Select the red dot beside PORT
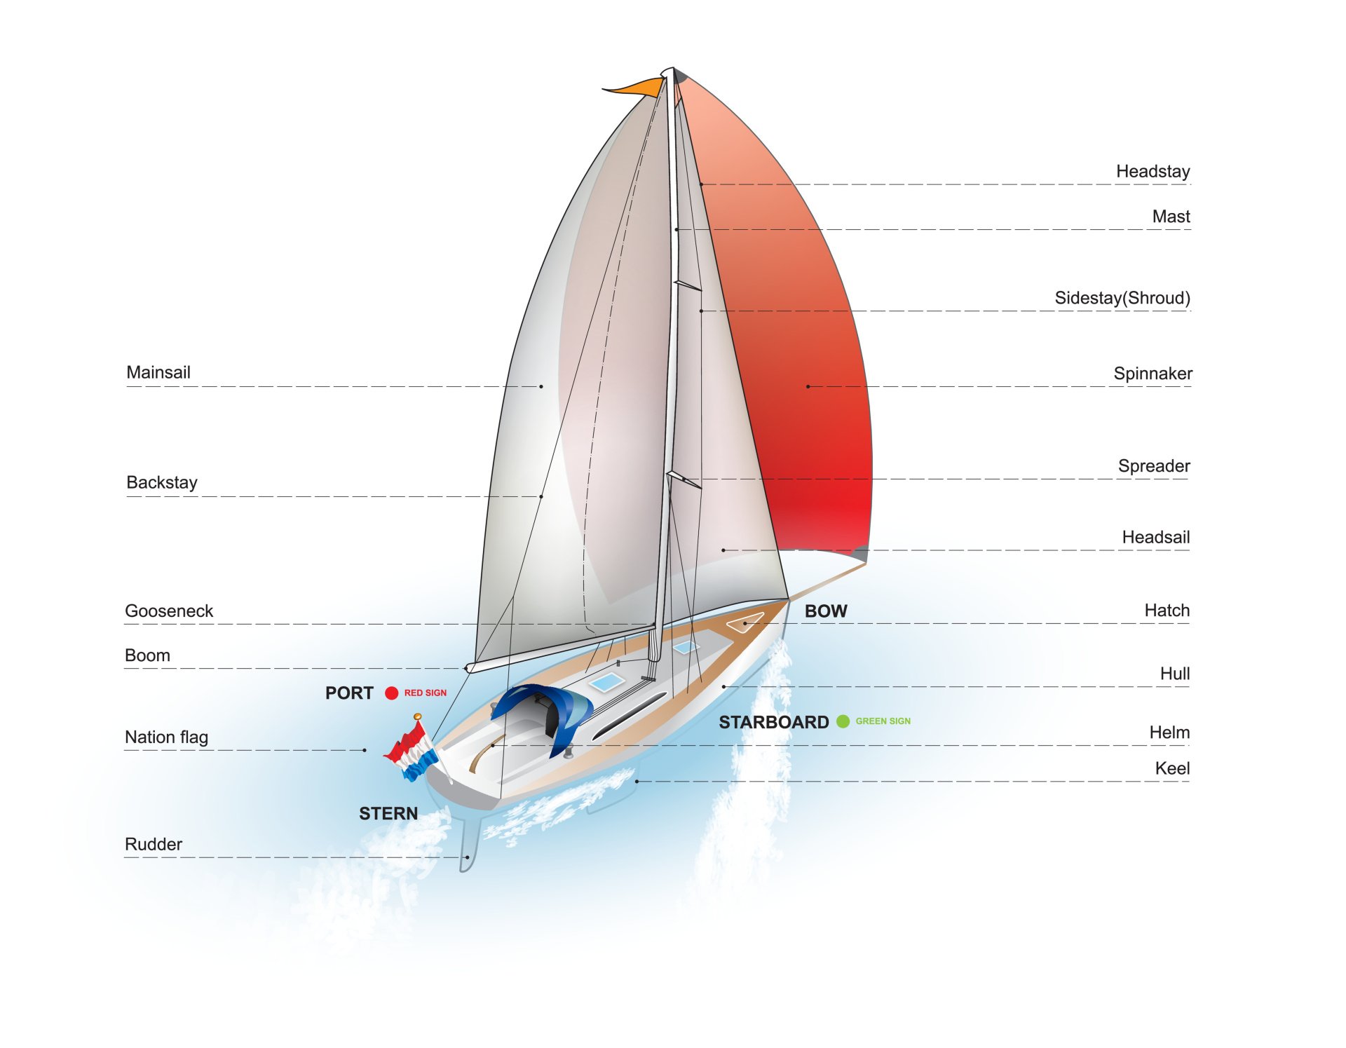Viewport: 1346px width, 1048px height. [391, 693]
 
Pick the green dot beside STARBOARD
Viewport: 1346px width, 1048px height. [843, 721]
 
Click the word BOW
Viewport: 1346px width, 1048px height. [826, 611]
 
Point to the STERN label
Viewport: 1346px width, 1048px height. [388, 813]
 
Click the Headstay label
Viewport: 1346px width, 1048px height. [1153, 172]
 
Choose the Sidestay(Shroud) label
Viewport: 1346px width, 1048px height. [1122, 298]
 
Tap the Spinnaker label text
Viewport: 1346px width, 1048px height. [1153, 374]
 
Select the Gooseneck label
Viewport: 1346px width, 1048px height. [169, 611]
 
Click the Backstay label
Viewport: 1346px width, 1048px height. [162, 482]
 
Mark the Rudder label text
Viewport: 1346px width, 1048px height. [154, 844]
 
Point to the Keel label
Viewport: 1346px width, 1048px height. [1172, 768]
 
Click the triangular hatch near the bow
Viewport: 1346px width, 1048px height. [745, 622]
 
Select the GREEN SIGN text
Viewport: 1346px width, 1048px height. [883, 721]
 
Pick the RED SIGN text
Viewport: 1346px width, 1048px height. [425, 693]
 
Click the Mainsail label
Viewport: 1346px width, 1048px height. [158, 372]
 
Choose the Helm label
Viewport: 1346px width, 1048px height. [1169, 733]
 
